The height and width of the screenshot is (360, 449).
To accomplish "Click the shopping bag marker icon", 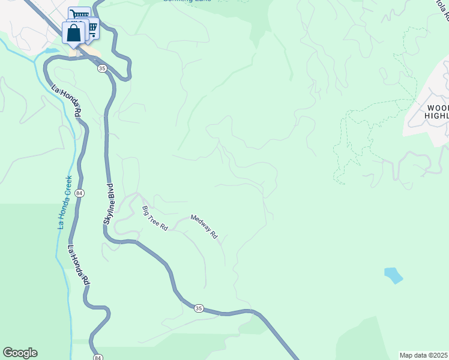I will [x=74, y=34].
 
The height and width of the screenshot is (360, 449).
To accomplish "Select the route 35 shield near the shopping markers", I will [x=102, y=69].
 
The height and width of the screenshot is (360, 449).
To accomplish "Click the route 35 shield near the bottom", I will [x=199, y=308].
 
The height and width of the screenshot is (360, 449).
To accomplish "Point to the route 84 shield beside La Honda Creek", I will [x=80, y=193].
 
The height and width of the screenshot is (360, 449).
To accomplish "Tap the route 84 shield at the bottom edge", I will [x=98, y=356].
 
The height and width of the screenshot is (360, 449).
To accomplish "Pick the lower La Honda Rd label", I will [x=79, y=264].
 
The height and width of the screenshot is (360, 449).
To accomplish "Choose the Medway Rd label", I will [x=204, y=227].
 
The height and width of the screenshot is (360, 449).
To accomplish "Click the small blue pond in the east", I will [x=393, y=275].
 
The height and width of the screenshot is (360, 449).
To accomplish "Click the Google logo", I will [x=20, y=353].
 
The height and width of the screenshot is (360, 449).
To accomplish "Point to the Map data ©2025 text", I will [x=423, y=355].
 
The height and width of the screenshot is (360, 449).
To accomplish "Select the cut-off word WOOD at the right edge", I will [x=436, y=108].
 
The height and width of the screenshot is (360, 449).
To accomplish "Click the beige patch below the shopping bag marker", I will [x=74, y=53].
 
